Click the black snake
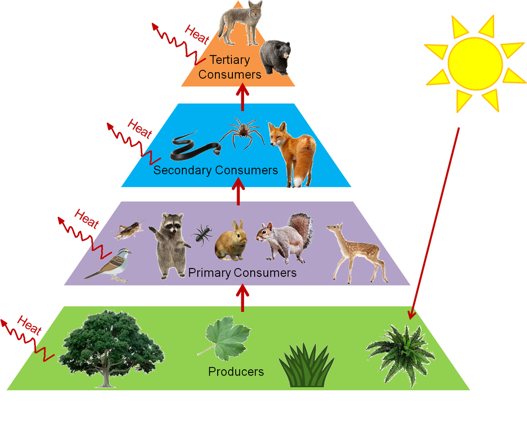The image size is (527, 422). (x=192, y=146)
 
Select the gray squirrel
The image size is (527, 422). (x=285, y=237)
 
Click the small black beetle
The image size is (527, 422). (x=202, y=233)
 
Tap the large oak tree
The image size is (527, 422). (x=111, y=346)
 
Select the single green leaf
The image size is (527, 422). (x=227, y=338)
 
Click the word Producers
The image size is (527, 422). (x=236, y=371)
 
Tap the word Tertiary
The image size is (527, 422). (x=229, y=60)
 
